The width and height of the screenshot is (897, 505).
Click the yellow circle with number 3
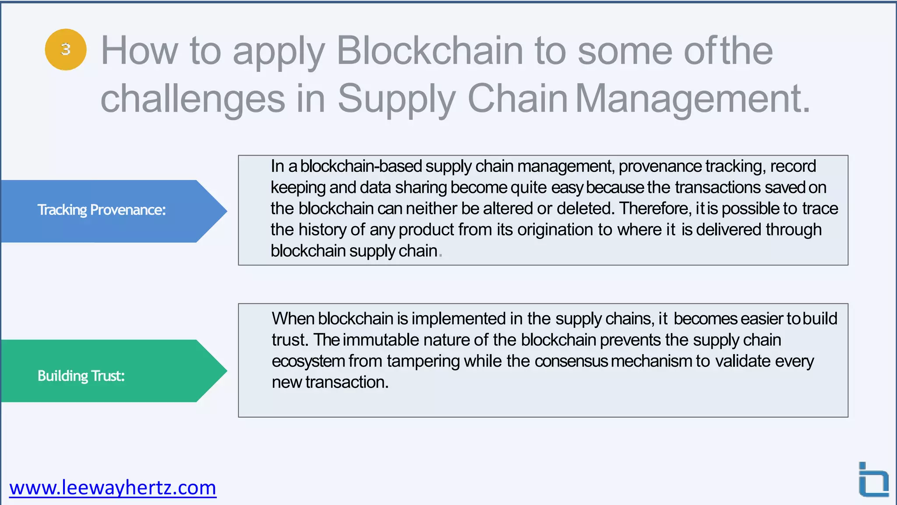click(x=66, y=50)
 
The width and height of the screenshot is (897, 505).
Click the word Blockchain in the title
click(x=429, y=51)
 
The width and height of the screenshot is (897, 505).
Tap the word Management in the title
click(x=692, y=99)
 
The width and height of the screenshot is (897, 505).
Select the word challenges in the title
click(x=193, y=99)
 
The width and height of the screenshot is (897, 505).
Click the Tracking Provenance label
click(x=102, y=210)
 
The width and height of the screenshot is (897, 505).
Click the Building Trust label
click(x=81, y=376)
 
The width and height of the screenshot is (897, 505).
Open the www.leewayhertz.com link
click(x=113, y=487)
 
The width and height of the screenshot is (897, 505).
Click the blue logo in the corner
click(x=873, y=480)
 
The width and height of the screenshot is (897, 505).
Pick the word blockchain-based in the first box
click(x=361, y=167)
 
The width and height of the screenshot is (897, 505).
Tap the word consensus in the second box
click(x=571, y=361)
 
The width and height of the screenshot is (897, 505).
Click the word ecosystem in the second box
click(x=308, y=361)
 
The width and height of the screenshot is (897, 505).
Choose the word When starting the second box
click(x=293, y=319)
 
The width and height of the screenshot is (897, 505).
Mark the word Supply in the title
click(x=396, y=99)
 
